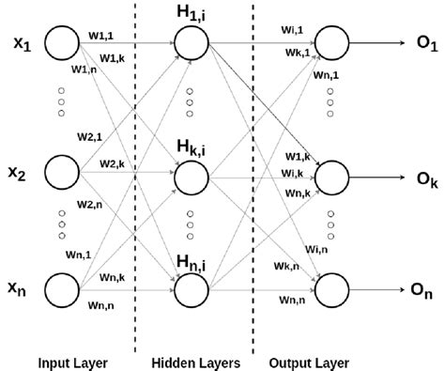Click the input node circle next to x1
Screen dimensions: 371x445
click(x=63, y=42)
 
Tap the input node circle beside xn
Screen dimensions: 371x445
click(x=63, y=290)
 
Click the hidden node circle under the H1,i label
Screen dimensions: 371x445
click(x=191, y=42)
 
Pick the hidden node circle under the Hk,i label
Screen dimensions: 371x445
click(x=191, y=176)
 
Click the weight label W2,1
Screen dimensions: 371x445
click(x=90, y=135)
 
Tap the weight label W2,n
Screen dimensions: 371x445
click(x=90, y=204)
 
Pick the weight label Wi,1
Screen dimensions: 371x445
click(x=293, y=30)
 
